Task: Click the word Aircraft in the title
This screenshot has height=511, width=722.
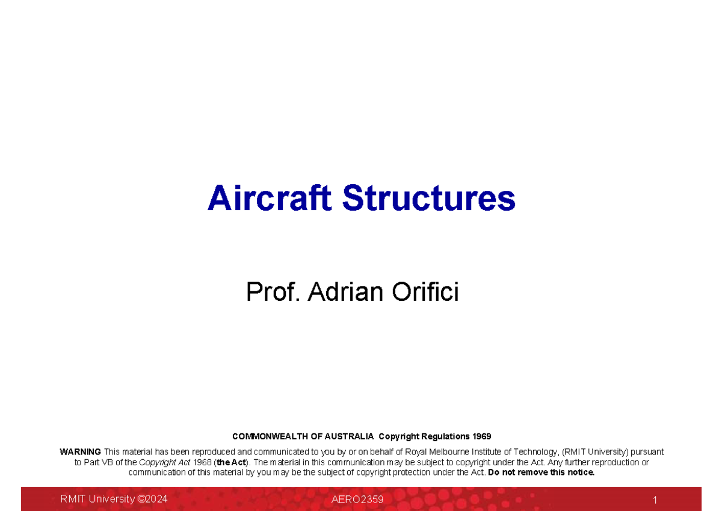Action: tap(269, 198)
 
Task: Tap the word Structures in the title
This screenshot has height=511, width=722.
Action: tap(429, 198)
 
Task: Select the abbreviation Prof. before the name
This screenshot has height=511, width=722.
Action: tap(273, 293)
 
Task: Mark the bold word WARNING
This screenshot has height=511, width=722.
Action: tap(81, 452)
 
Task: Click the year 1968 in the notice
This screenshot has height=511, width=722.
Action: tap(202, 462)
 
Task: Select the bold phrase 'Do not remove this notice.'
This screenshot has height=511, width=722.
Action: tap(541, 472)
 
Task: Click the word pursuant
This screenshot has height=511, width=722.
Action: tap(647, 452)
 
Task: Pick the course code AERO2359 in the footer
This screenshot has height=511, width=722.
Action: tap(357, 500)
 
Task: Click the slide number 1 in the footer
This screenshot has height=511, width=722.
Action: tap(655, 500)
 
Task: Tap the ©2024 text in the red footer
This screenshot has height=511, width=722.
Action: tap(152, 499)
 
